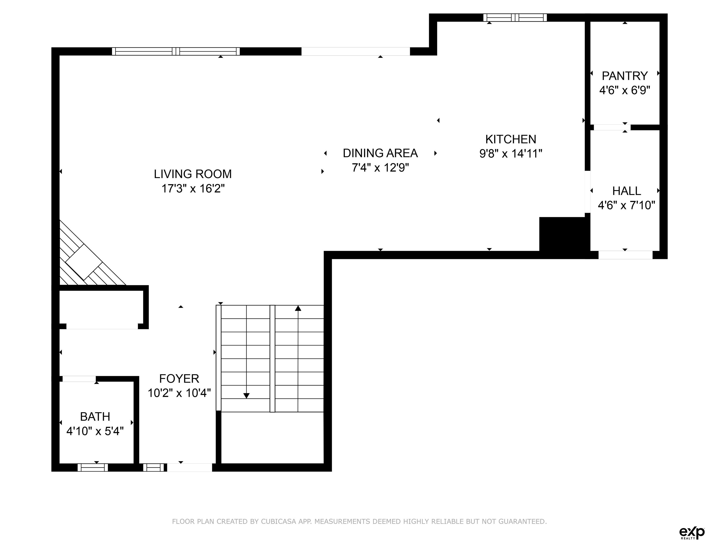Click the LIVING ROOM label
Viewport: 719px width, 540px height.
click(193, 174)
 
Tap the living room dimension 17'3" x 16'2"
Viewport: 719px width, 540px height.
click(193, 188)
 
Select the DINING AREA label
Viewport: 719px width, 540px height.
click(380, 153)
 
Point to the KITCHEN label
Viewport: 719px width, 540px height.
click(511, 139)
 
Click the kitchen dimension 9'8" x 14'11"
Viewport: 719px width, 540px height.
click(511, 154)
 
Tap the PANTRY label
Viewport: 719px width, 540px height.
click(625, 76)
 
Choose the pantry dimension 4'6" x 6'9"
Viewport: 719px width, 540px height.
click(625, 90)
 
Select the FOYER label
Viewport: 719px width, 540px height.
click(179, 379)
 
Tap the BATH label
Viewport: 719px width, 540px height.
click(95, 417)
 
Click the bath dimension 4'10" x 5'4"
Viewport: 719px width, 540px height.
click(95, 431)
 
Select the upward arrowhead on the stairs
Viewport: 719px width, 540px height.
click(298, 308)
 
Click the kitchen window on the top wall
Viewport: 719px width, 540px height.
click(515, 18)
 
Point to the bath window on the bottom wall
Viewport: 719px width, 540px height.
click(93, 467)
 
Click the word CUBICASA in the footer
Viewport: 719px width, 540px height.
click(278, 521)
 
